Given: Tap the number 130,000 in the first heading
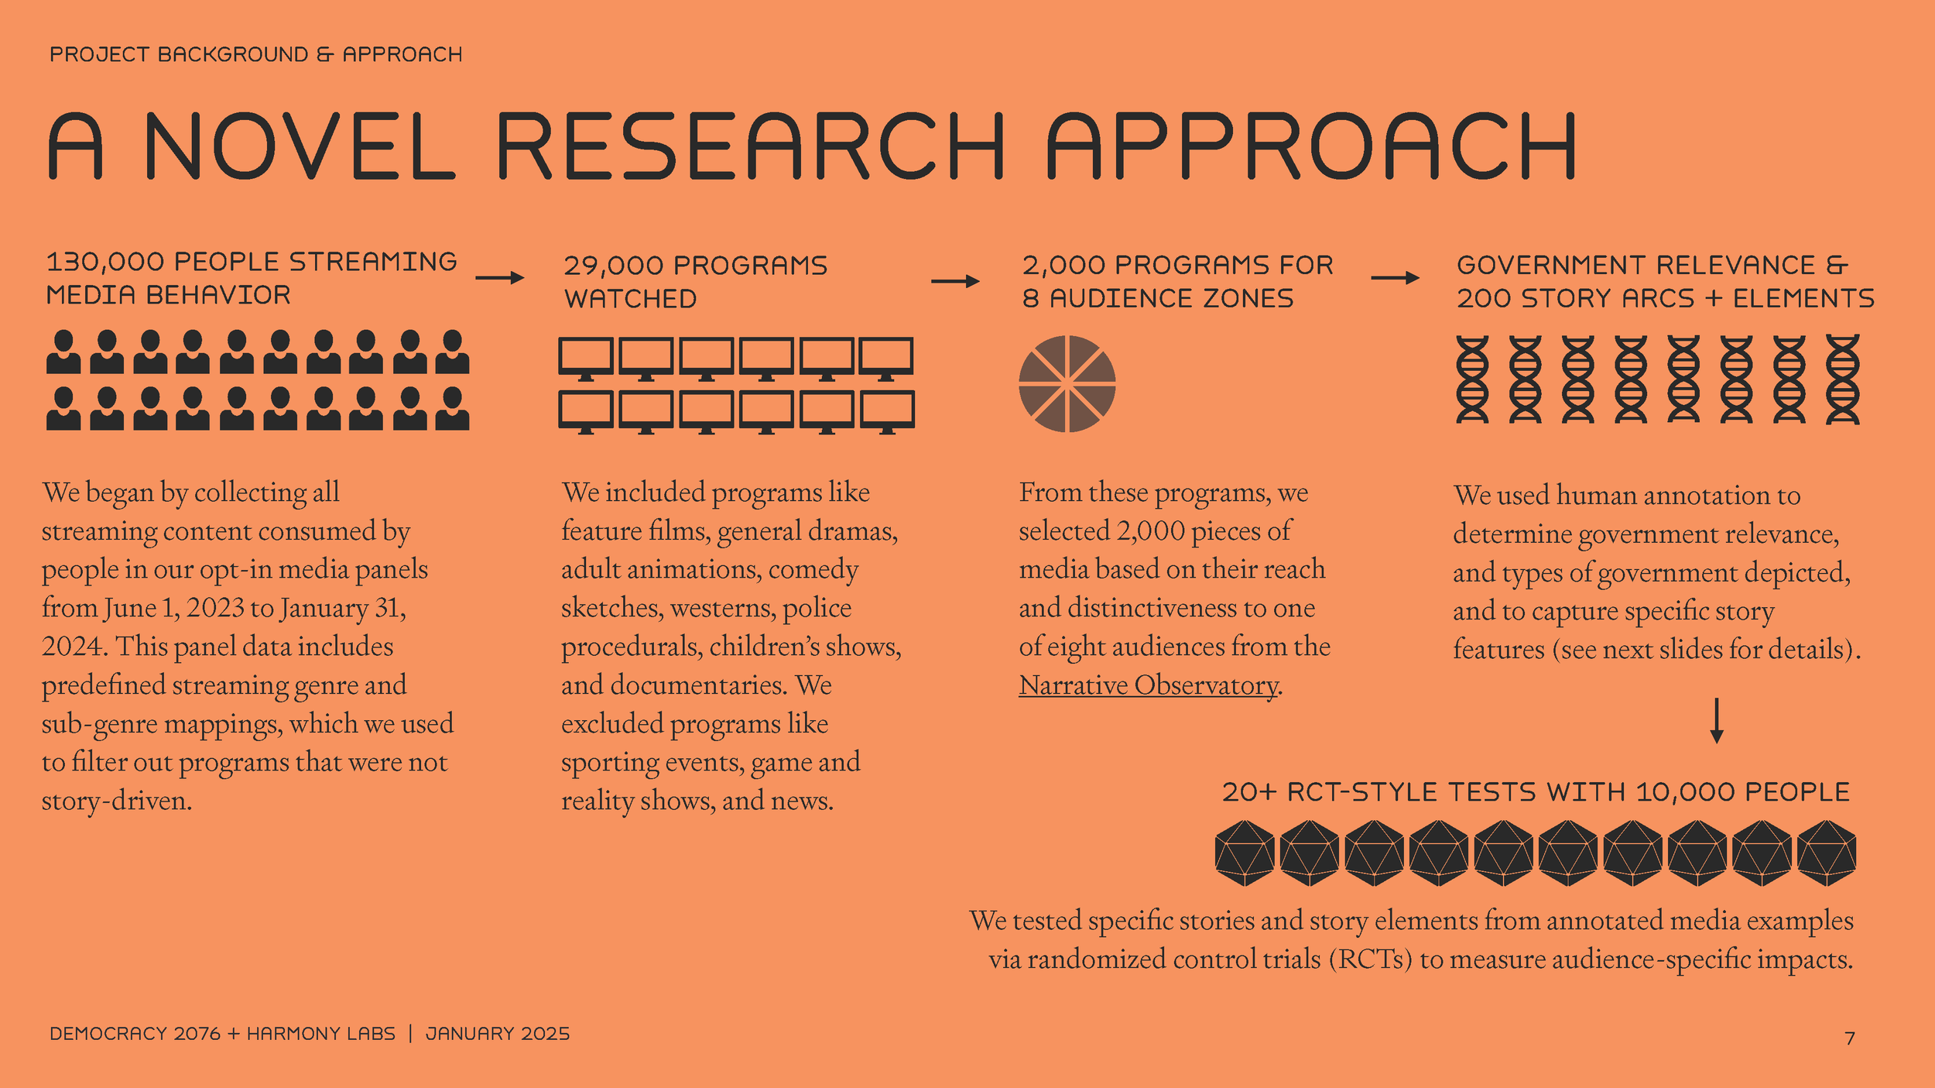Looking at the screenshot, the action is click(105, 262).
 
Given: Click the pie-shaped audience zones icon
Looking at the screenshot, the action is click(1067, 383).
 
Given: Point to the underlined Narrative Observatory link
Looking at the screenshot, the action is click(1149, 685).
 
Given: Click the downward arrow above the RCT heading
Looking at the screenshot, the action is click(1717, 720).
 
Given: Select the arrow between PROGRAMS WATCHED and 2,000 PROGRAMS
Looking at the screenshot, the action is click(955, 281).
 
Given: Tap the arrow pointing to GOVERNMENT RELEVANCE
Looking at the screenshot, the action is click(1395, 278).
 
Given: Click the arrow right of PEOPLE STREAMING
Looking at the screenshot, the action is click(500, 278).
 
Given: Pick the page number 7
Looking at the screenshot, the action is click(1850, 1038).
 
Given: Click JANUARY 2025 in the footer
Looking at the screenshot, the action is click(498, 1034).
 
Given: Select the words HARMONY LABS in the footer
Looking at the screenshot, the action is click(321, 1034).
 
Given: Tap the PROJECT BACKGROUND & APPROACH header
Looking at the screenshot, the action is click(255, 54).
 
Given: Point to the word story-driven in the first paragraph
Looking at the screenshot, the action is click(116, 801).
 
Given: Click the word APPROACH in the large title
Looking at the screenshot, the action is click(1311, 146).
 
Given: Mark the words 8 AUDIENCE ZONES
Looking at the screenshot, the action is click(1158, 298).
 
